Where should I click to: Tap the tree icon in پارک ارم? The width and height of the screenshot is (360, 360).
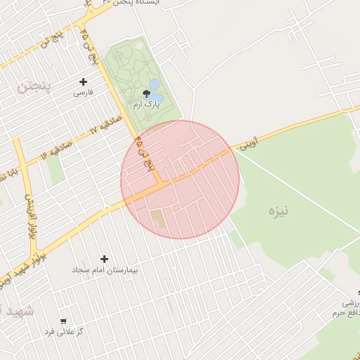click(146, 93)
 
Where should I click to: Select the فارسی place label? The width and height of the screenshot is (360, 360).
click(83, 92)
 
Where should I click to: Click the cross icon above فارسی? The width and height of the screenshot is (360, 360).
click(83, 82)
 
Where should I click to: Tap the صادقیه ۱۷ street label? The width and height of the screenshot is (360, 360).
click(105, 125)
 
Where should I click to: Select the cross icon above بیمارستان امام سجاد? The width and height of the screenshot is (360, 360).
click(105, 259)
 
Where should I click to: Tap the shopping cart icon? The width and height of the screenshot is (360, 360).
click(64, 321)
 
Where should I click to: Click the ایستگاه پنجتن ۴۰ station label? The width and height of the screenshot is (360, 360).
click(129, 4)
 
